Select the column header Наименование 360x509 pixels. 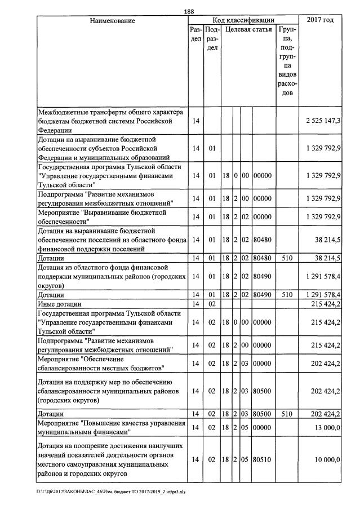[112, 20]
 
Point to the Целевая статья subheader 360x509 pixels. [248, 29]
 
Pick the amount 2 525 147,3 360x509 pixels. [323, 121]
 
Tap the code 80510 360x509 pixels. [263, 460]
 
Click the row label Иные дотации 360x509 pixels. [59, 304]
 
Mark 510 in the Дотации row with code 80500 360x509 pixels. [287, 414]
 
